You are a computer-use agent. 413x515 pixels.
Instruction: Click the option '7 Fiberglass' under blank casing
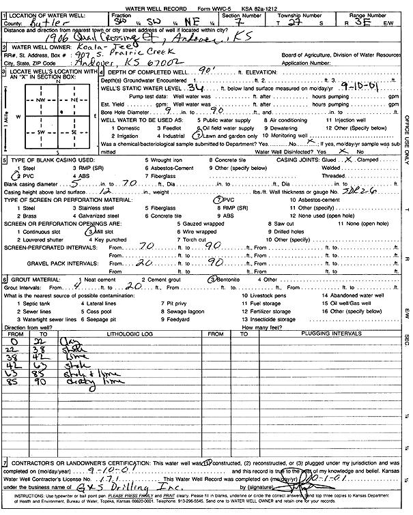click(x=163, y=176)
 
